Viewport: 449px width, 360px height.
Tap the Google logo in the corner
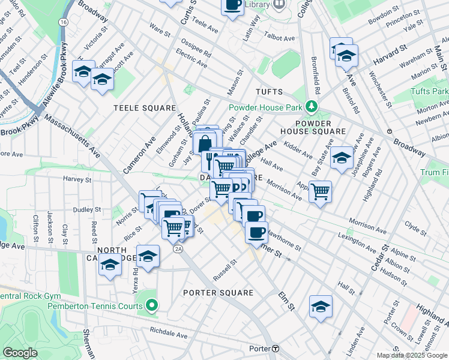[20, 353]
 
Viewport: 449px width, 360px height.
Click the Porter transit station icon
[276, 349]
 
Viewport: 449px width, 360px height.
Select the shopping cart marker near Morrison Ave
[321, 191]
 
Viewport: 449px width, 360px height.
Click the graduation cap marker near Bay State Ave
[342, 158]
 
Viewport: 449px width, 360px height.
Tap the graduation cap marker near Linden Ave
[321, 307]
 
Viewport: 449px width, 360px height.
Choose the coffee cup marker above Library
[232, 5]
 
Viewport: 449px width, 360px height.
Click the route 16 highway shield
[63, 22]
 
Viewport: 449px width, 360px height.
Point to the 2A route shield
[178, 248]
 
